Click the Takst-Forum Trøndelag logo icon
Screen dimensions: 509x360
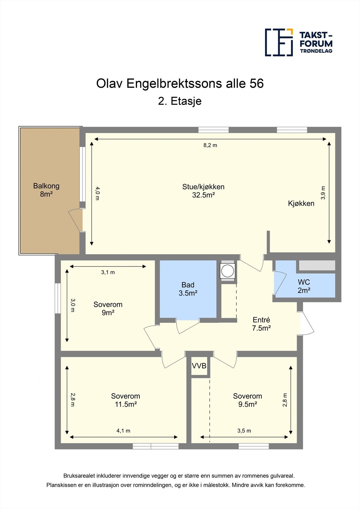point(279,42)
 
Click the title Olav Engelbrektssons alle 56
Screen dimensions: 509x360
point(180,84)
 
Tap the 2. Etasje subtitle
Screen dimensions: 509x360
point(180,101)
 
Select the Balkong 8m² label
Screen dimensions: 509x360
point(46,190)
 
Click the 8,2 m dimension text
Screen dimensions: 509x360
point(210,145)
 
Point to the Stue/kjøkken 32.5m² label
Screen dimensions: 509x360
point(203,191)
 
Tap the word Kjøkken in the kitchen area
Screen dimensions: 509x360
point(301,204)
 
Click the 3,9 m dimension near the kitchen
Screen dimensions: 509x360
point(323,193)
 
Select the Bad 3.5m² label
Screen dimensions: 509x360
point(188,289)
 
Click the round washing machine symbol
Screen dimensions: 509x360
point(228,271)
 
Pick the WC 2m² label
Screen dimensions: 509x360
point(304,286)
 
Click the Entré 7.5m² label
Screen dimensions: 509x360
point(261,324)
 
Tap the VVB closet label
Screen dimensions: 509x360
point(199,366)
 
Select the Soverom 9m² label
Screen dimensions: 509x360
point(108,309)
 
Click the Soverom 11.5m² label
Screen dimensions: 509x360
point(125,400)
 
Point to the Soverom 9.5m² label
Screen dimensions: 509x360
point(247,400)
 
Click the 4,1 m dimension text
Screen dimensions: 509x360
point(123,431)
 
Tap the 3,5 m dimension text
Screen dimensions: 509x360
point(244,431)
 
